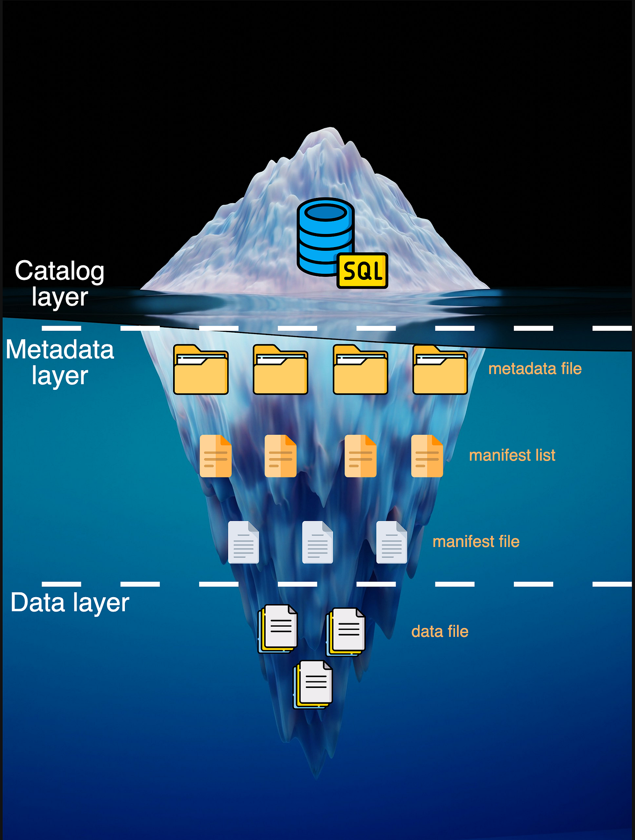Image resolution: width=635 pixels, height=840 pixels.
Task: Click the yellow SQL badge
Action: point(362,270)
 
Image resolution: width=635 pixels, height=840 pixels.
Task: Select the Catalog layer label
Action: point(59,284)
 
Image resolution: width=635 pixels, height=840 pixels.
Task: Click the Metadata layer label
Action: point(60,362)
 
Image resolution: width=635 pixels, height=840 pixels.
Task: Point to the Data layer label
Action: point(70,603)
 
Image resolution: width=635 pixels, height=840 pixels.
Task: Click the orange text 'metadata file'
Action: point(534,369)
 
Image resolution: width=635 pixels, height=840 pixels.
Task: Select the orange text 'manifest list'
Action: point(512,455)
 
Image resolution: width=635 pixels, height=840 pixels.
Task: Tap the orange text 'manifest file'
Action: point(476,542)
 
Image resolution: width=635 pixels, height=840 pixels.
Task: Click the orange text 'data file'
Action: point(440,632)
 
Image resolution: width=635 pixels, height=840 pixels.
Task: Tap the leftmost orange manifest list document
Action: point(216,456)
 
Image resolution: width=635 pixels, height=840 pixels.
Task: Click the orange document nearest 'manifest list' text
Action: point(427,456)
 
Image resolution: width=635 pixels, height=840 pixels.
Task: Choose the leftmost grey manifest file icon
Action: point(243,542)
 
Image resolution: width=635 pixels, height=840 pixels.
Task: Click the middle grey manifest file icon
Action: point(317,542)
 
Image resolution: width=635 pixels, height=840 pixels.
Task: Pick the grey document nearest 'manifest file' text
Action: point(391,542)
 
